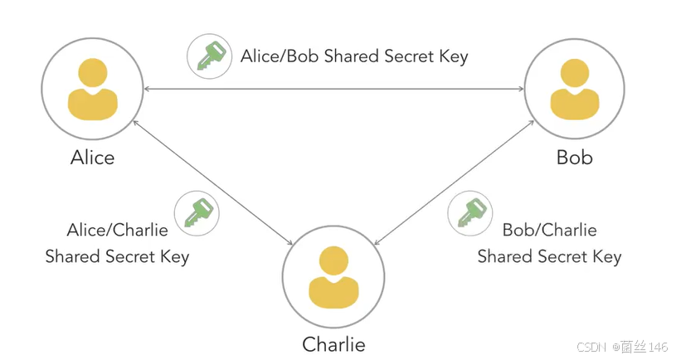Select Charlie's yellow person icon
333,279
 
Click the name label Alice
92,158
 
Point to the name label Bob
574,158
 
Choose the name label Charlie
333,343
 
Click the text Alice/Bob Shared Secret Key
354,56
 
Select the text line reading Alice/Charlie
117,230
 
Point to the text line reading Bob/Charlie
549,230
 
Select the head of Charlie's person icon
333,260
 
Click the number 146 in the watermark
658,345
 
